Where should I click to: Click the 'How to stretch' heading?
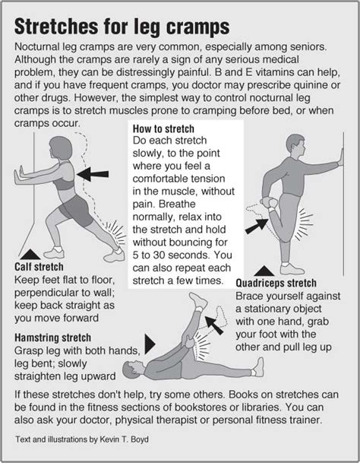click(x=163, y=128)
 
